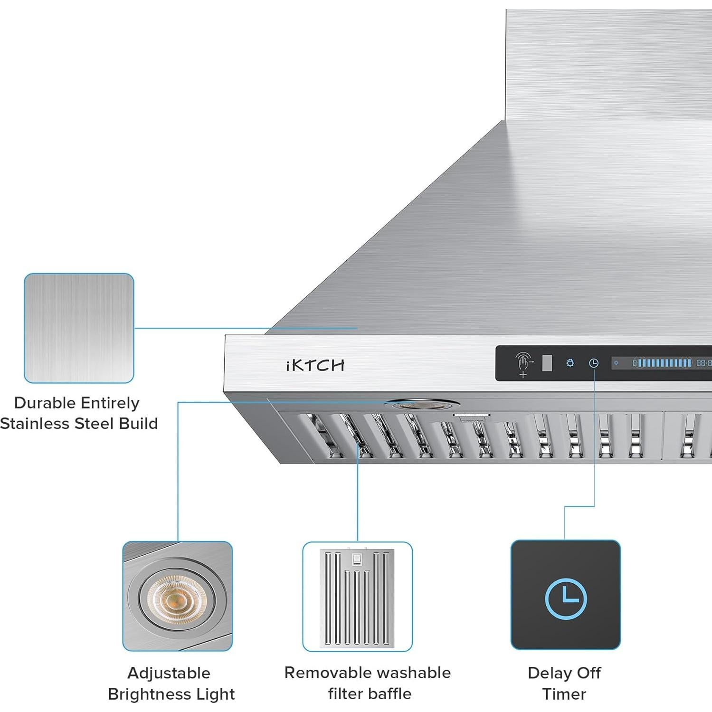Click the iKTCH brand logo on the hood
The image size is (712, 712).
click(315, 365)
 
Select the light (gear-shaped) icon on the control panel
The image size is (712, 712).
click(570, 363)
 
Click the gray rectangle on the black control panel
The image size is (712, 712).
click(547, 363)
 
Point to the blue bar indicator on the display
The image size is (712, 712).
click(664, 363)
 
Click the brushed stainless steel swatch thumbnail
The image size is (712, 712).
click(79, 328)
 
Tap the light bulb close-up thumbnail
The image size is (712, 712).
click(177, 596)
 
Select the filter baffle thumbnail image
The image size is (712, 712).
click(357, 597)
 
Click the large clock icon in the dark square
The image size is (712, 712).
click(565, 598)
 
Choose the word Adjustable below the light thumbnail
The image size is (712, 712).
click(169, 673)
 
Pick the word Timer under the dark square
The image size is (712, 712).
click(564, 694)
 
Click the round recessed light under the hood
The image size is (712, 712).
click(421, 405)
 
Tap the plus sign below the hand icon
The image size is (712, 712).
click(523, 375)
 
